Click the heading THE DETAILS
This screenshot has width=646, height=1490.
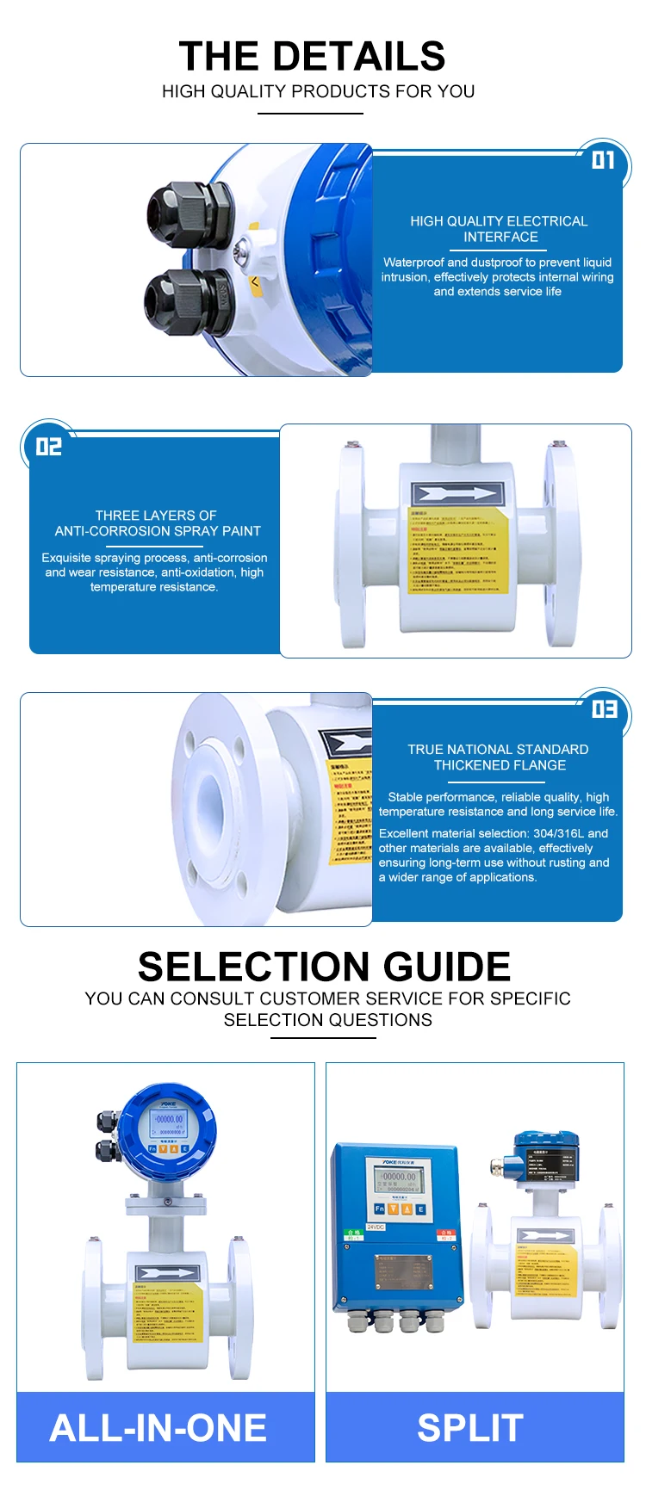tap(312, 57)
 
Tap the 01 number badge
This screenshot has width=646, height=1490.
tap(603, 160)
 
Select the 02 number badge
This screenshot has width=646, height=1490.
tap(49, 446)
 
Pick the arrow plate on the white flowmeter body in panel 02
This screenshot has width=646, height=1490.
tap(457, 495)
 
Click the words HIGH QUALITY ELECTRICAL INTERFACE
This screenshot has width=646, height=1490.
tap(499, 229)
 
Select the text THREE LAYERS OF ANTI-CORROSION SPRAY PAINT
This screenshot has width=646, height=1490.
tap(157, 523)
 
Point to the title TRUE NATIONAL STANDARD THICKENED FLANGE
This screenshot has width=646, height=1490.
tap(499, 757)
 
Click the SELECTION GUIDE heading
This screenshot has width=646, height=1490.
tap(324, 967)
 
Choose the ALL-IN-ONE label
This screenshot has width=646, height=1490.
tap(158, 1427)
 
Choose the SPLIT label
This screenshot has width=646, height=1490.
tap(470, 1427)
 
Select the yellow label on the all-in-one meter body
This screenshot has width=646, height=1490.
tap(167, 1314)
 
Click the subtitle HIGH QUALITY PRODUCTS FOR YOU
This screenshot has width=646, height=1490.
tap(318, 91)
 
